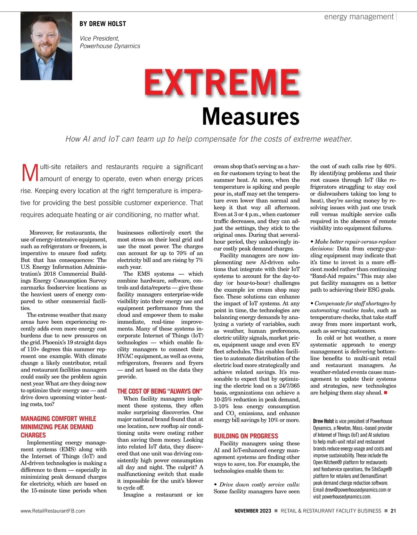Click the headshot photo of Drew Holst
click(46, 46)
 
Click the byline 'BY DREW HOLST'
click(103, 24)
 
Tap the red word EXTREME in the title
click(222, 83)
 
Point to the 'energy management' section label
click(359, 17)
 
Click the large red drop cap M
click(30, 173)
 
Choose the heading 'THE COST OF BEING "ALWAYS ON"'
click(160, 391)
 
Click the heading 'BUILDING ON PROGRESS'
click(246, 436)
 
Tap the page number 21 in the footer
click(393, 511)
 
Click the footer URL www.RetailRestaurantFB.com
click(53, 511)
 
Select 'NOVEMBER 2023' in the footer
click(253, 511)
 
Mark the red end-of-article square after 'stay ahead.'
click(385, 393)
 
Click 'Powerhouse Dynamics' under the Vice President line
click(110, 46)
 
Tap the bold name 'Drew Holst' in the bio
click(323, 421)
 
